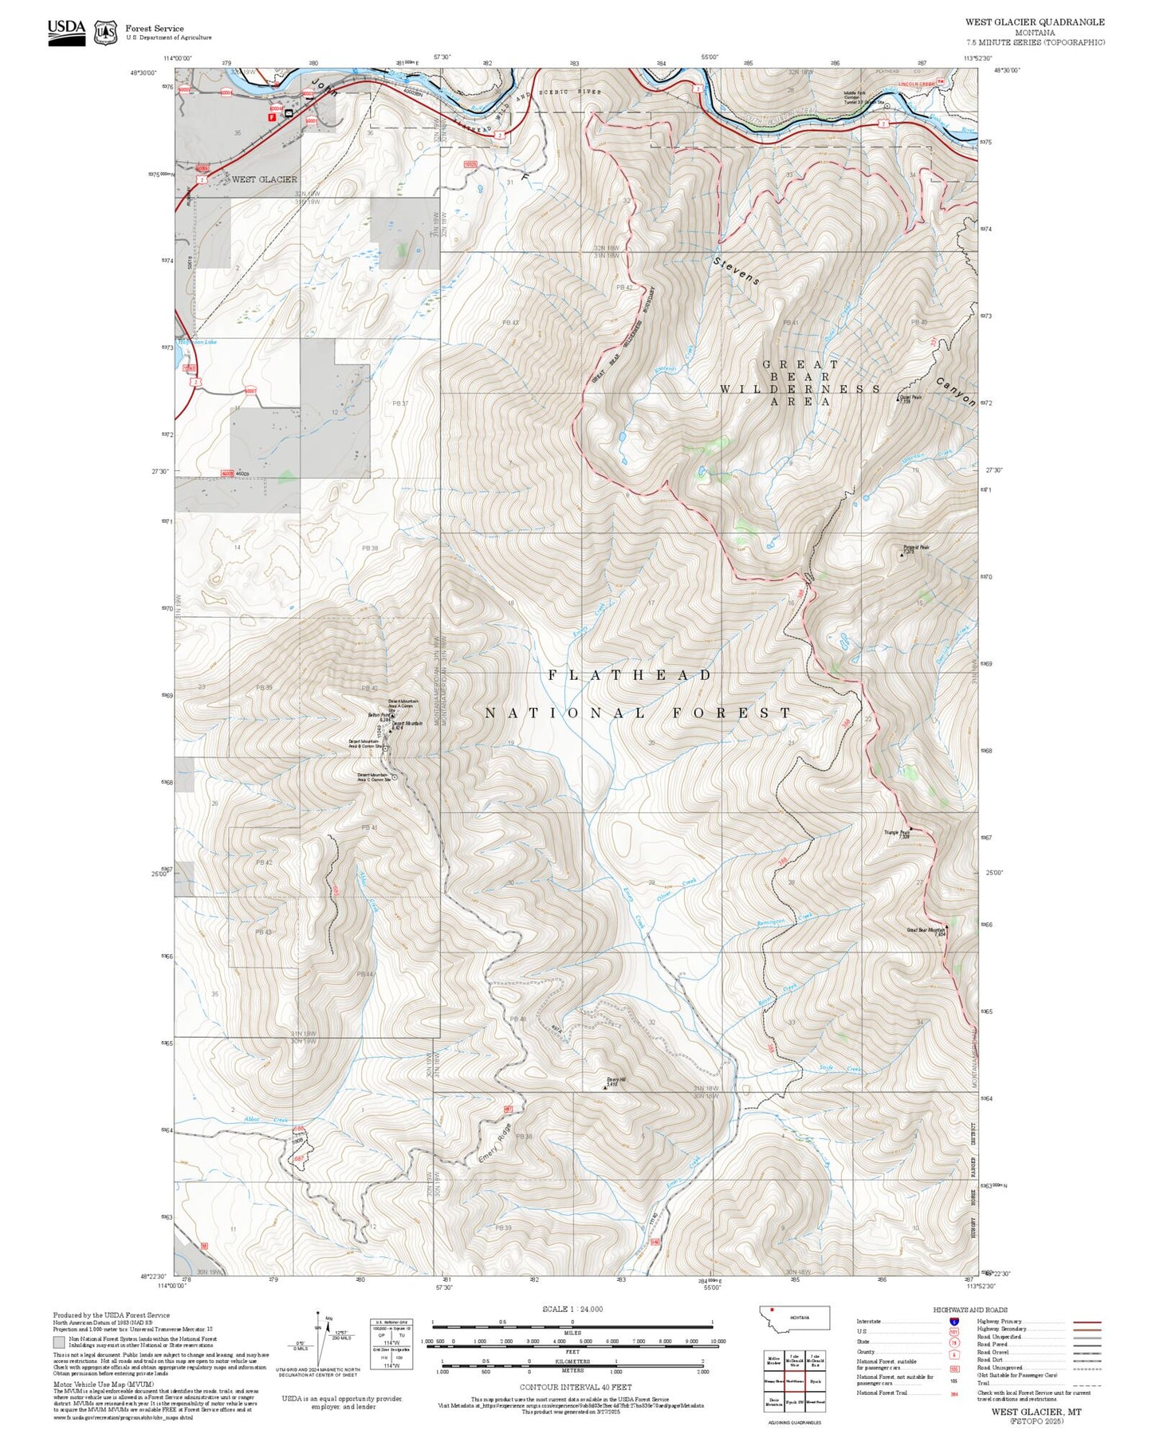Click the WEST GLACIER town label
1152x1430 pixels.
264,179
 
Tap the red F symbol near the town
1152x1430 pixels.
272,116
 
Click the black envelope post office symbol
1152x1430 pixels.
289,113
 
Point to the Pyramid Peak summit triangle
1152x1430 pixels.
902,553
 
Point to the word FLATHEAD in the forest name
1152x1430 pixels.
630,675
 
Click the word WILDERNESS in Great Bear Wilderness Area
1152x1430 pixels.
800,389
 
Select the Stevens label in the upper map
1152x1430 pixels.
736,271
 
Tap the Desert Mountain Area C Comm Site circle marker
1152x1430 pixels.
394,776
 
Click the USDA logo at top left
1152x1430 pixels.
66,32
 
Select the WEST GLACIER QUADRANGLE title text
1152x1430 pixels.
1035,22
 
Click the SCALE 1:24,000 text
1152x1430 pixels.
572,1309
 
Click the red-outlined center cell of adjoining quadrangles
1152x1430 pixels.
795,1381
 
